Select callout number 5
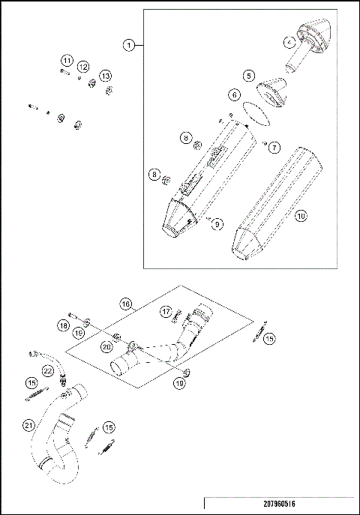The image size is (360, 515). pos(248,76)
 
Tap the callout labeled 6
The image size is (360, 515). pos(234,95)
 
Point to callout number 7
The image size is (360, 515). pos(274,147)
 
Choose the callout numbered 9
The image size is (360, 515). pos(217,223)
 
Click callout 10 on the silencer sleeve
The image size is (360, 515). pos(301,216)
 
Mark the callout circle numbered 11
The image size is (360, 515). pos(67,60)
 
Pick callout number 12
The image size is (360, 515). pos(83,67)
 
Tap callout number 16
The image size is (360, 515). pos(125,303)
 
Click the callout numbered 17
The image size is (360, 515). pos(166,311)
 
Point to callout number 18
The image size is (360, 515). pos(63,326)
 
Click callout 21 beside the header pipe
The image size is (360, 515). pos(28,426)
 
